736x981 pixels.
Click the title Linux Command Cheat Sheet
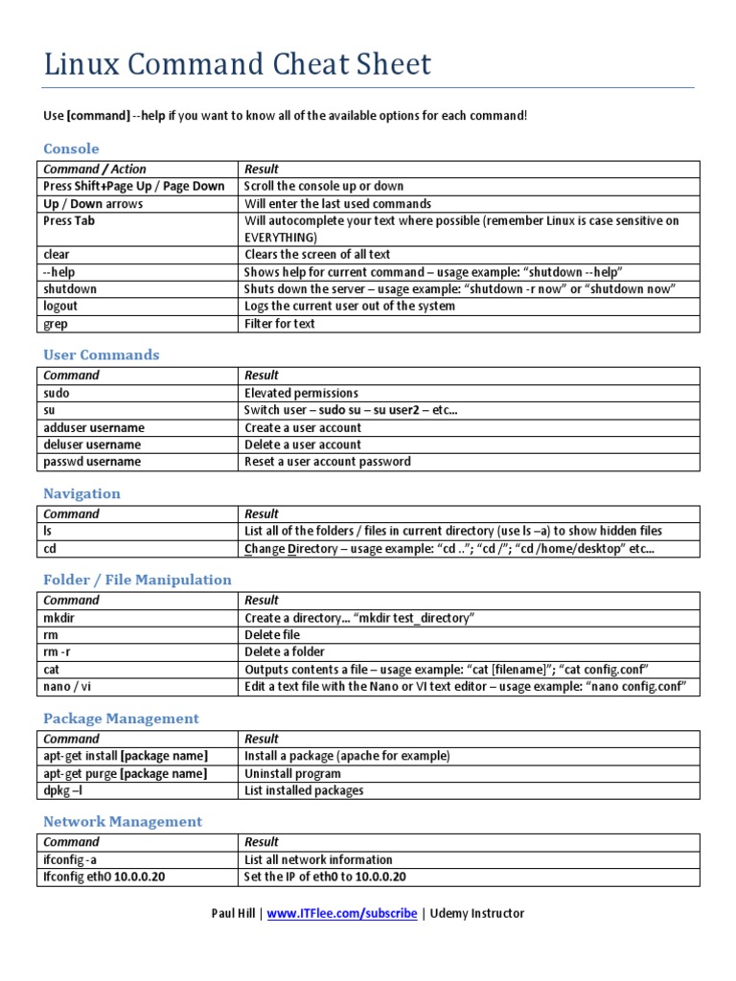[x=238, y=65]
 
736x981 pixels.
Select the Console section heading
[x=71, y=148]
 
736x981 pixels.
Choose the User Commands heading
[x=102, y=354]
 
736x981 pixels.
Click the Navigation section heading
[x=81, y=493]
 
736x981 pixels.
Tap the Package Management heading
[x=121, y=719]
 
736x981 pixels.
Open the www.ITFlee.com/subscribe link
[x=341, y=913]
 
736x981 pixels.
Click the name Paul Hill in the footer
[x=233, y=913]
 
